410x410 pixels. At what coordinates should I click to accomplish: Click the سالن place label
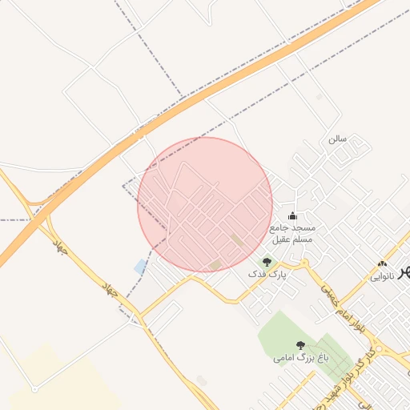pyautogui.click(x=336, y=139)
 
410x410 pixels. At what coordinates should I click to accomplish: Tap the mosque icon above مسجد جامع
pyautogui.click(x=293, y=215)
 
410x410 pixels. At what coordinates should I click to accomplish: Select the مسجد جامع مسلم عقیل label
pyautogui.click(x=293, y=233)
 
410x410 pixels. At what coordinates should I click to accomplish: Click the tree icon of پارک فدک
pyautogui.click(x=267, y=261)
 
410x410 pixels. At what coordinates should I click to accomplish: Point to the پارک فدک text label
pyautogui.click(x=267, y=275)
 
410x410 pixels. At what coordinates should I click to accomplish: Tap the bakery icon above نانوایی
pyautogui.click(x=382, y=263)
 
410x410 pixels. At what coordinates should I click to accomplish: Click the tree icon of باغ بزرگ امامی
pyautogui.click(x=300, y=345)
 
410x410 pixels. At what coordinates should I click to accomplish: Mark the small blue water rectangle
pyautogui.click(x=141, y=266)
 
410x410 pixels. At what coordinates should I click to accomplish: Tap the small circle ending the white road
pyautogui.click(x=34, y=389)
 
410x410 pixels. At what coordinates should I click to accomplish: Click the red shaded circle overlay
pyautogui.click(x=205, y=204)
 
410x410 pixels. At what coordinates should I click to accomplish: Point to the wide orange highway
pyautogui.click(x=160, y=120)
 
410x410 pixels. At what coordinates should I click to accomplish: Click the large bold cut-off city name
pyautogui.click(x=403, y=271)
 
